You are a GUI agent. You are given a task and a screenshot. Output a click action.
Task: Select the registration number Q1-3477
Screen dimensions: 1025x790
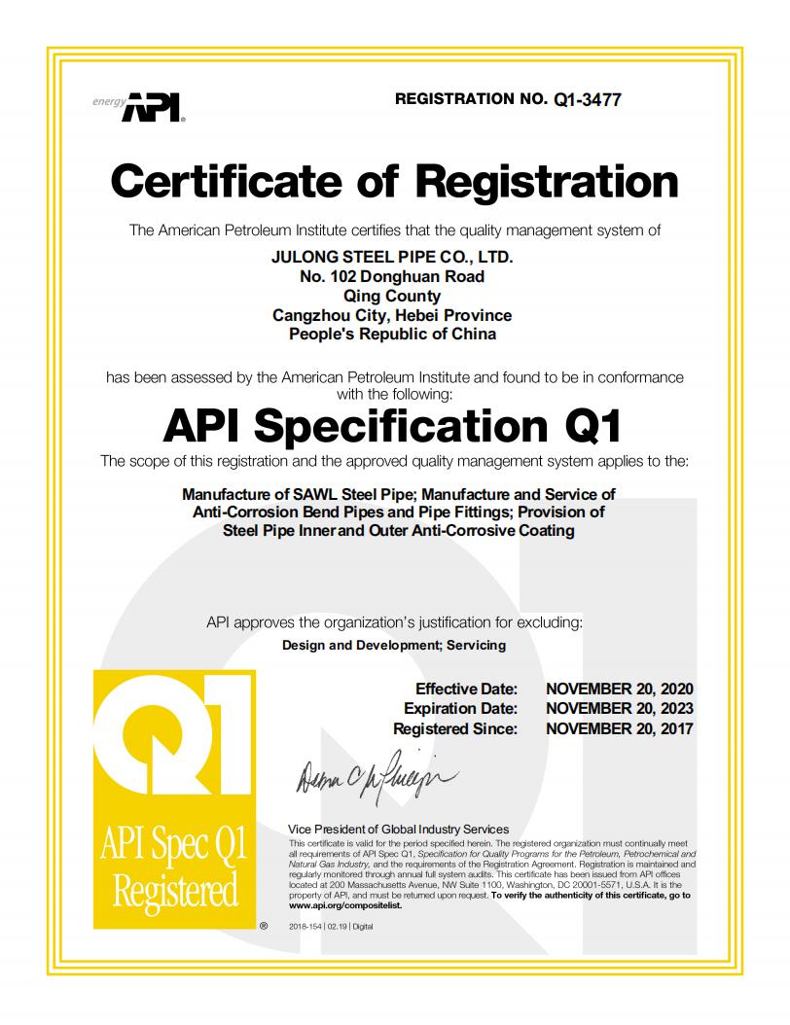[x=587, y=99]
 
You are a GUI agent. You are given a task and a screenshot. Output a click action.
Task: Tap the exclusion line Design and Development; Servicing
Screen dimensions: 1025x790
[x=393, y=645]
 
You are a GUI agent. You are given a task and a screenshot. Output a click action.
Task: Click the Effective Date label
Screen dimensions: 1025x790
[x=466, y=689]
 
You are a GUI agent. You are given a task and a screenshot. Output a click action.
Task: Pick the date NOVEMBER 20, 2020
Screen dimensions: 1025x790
[x=620, y=689]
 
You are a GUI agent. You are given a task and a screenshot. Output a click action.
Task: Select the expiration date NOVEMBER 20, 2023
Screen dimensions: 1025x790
[x=620, y=709]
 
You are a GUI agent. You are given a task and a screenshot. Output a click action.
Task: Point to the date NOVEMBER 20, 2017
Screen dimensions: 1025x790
[x=620, y=728]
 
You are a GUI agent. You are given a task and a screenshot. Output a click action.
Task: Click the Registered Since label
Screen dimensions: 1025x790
[x=455, y=728]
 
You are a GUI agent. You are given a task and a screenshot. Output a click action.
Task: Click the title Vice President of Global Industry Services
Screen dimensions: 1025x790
[x=399, y=829]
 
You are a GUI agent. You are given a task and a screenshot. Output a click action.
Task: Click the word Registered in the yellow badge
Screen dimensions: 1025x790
[x=175, y=890]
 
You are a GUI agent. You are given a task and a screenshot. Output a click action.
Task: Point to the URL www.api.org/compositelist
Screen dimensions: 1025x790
[x=337, y=903]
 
